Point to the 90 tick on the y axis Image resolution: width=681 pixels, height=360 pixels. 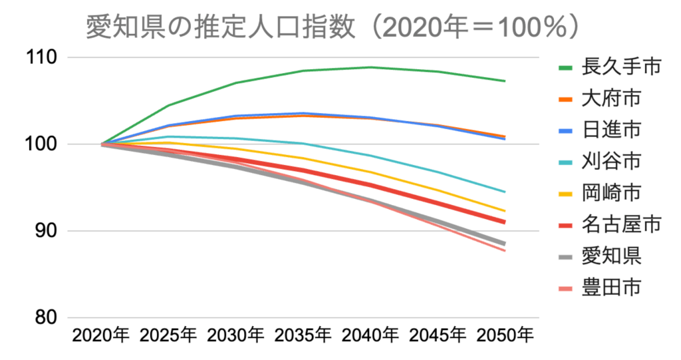pyautogui.click(x=46, y=231)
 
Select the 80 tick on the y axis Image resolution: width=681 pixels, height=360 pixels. pyautogui.click(x=46, y=317)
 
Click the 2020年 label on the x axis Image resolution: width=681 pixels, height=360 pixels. pyautogui.click(x=101, y=335)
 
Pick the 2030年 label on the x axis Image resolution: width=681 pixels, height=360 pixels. pyautogui.click(x=236, y=335)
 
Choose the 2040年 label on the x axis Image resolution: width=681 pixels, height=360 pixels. pyautogui.click(x=370, y=335)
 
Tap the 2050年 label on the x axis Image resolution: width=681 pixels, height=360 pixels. pyautogui.click(x=505, y=335)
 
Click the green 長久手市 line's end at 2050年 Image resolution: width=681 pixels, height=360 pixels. pyautogui.click(x=505, y=81)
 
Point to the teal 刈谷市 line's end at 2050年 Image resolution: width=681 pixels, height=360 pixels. pyautogui.click(x=505, y=192)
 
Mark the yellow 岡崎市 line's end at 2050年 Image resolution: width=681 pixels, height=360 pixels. pyautogui.click(x=505, y=211)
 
